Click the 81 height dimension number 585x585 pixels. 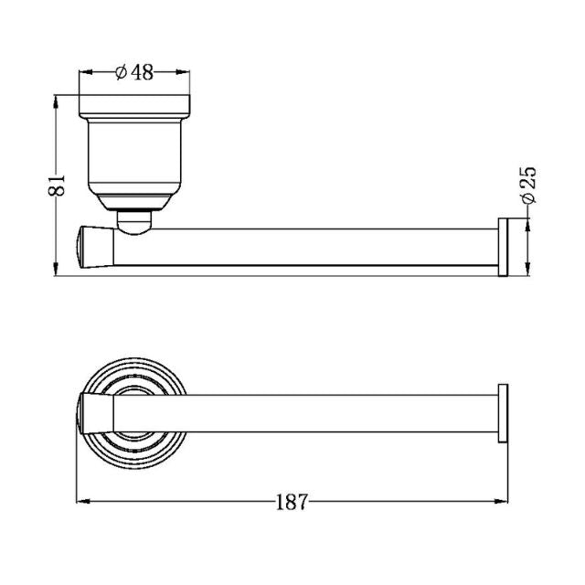(x=57, y=185)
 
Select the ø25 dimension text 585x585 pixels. (x=527, y=186)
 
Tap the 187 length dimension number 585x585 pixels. (x=292, y=501)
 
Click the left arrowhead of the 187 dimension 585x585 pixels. (x=80, y=501)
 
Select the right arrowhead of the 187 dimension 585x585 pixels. (x=504, y=501)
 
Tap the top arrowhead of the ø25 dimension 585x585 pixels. (x=527, y=224)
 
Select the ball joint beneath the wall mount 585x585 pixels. (x=135, y=222)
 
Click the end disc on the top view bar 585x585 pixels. (x=502, y=413)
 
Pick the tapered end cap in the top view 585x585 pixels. (x=93, y=413)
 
